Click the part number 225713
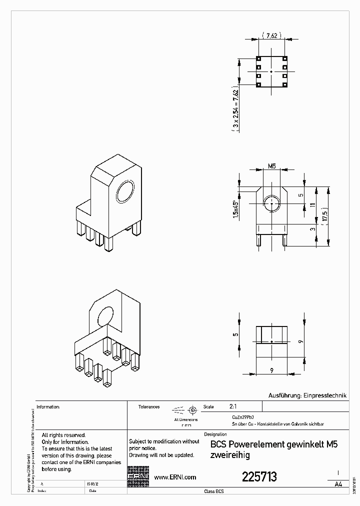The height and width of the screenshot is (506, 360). (259, 477)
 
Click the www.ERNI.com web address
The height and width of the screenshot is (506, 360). (174, 477)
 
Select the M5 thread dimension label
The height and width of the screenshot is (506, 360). (272, 165)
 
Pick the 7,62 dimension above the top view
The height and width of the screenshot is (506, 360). (272, 35)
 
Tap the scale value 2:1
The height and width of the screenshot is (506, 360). (233, 407)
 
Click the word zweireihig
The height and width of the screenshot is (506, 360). (230, 455)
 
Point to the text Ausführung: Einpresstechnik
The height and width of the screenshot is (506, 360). (307, 395)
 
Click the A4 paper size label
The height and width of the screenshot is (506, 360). (338, 484)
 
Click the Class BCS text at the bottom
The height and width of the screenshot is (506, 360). (214, 491)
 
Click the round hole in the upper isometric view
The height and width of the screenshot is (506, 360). (125, 192)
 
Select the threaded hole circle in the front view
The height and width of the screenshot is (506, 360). (271, 203)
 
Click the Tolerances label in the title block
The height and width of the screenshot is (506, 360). (149, 407)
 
